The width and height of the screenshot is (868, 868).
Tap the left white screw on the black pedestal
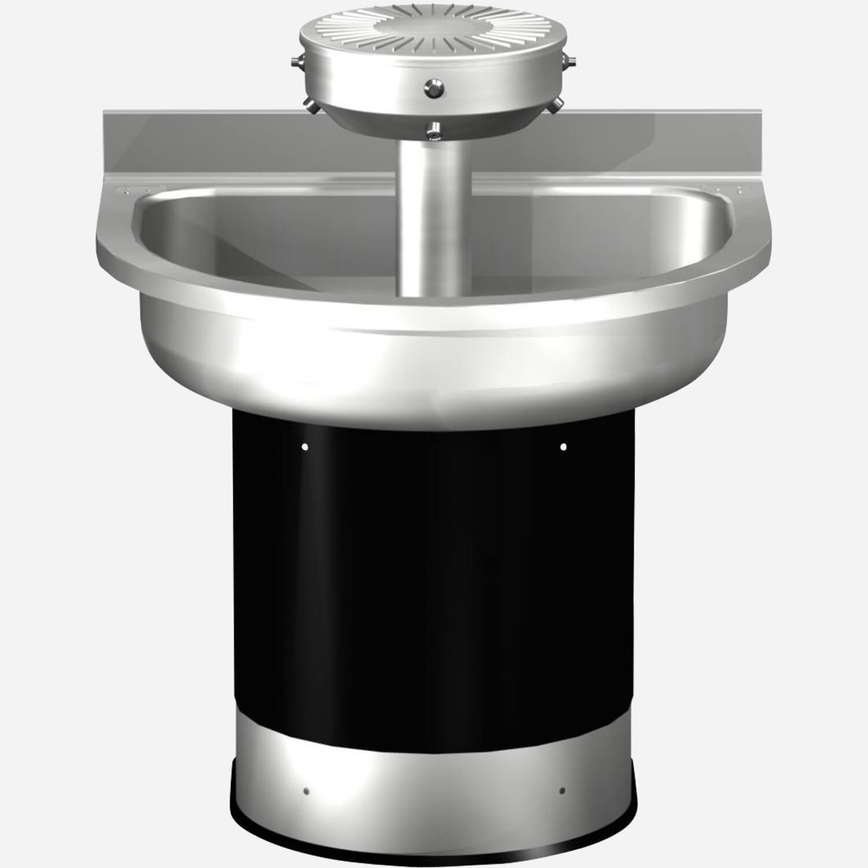click(x=305, y=447)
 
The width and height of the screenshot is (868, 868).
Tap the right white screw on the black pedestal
click(x=563, y=446)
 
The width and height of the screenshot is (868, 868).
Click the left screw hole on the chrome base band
click(x=307, y=791)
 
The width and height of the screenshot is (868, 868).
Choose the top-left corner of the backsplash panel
click(x=105, y=112)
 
